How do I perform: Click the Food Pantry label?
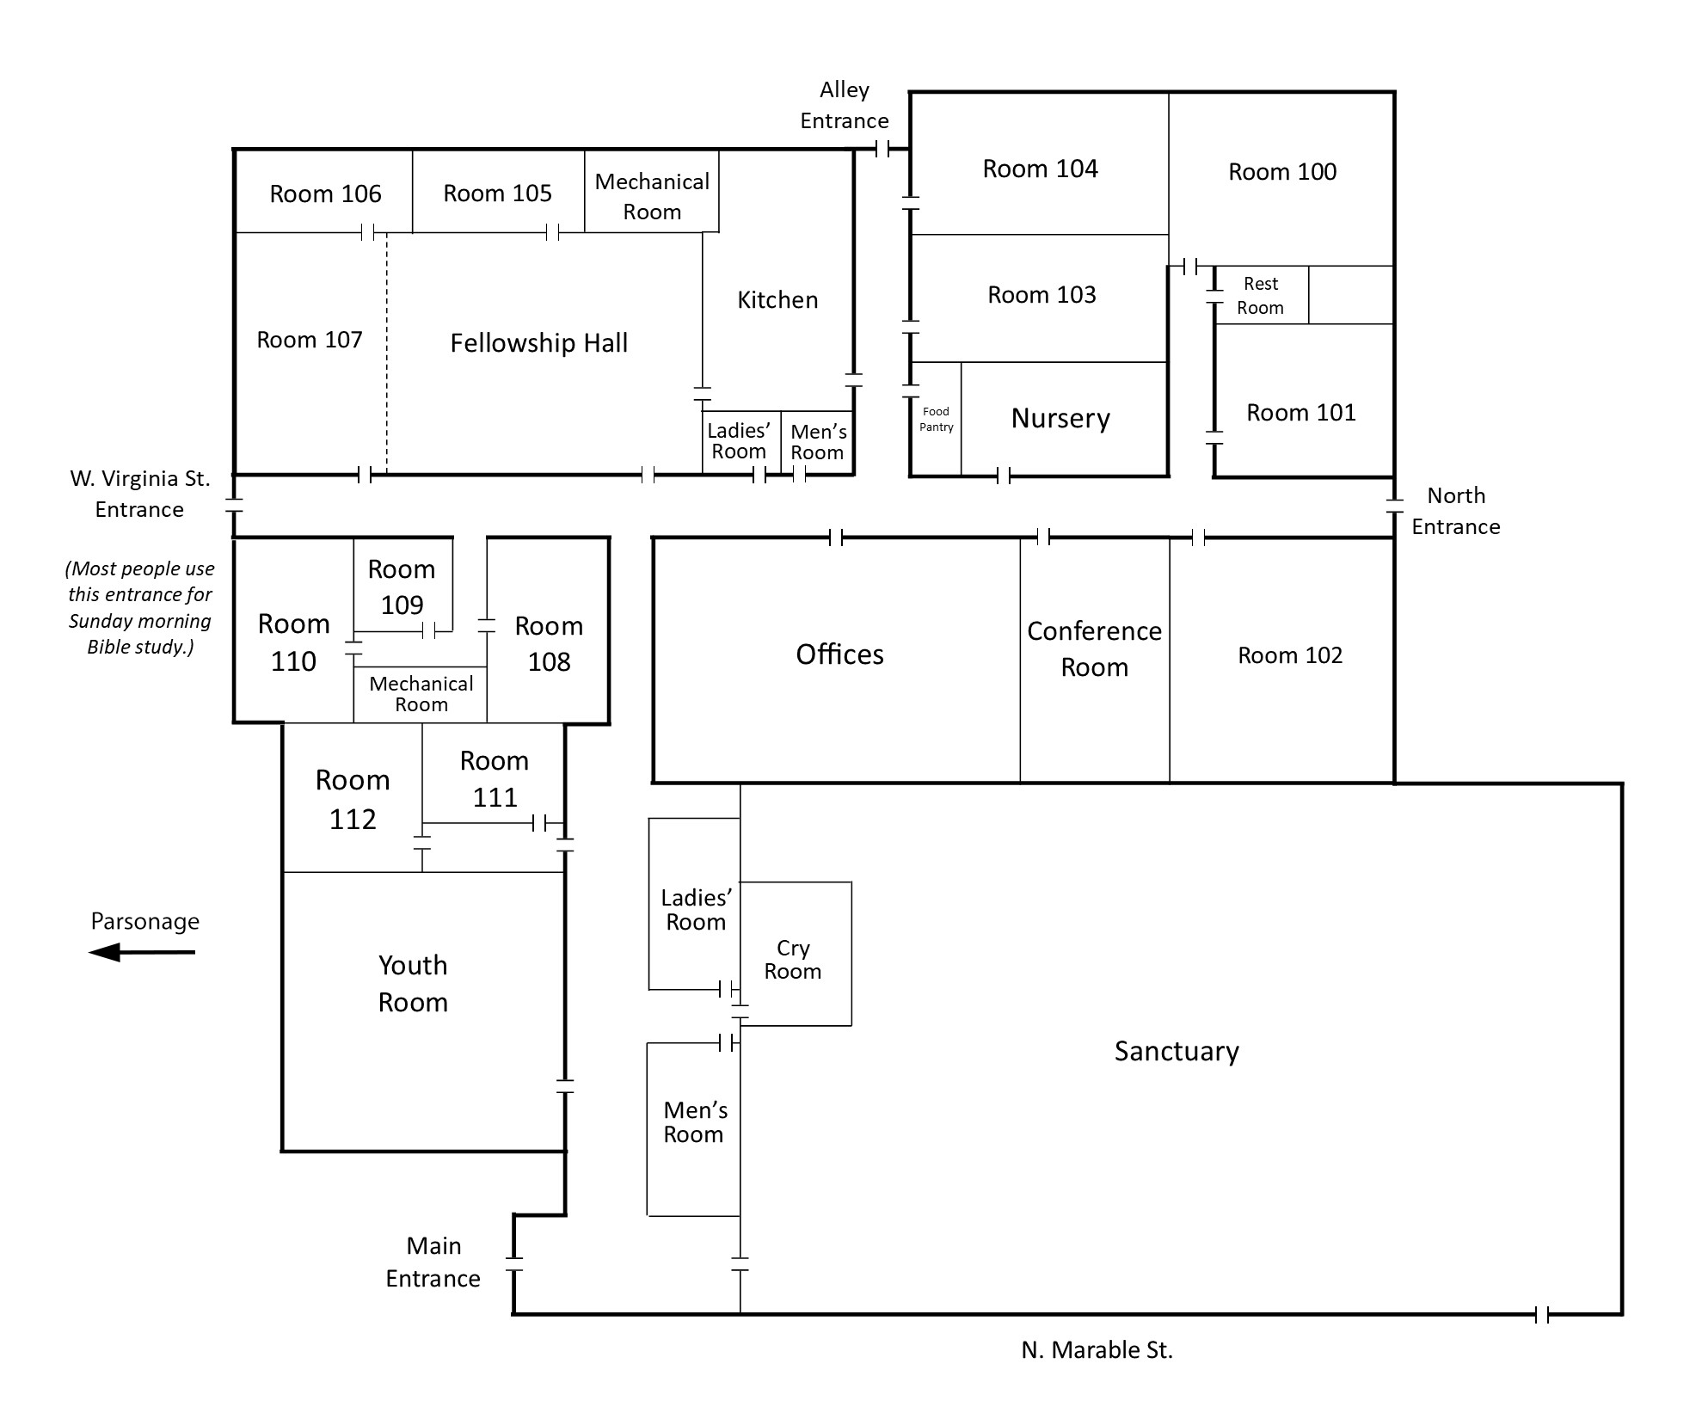click(936, 419)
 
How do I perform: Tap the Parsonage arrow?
click(142, 952)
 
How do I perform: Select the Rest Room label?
click(1261, 296)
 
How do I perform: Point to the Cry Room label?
click(793, 959)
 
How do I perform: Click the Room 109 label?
click(402, 587)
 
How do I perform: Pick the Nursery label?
click(1060, 419)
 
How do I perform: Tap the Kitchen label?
click(777, 299)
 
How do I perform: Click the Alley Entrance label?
click(845, 105)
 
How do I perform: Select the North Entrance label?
click(1456, 511)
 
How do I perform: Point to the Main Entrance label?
click(433, 1262)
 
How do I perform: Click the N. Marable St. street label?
click(1097, 1350)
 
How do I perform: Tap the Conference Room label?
click(1094, 648)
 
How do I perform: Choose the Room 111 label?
click(495, 779)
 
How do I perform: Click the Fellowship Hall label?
click(539, 343)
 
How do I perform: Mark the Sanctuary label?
click(1177, 1052)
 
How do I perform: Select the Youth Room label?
click(413, 984)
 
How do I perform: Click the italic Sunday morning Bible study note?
click(141, 607)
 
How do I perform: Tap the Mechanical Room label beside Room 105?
click(652, 196)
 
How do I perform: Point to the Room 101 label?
click(1301, 413)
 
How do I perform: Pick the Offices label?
click(839, 654)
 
